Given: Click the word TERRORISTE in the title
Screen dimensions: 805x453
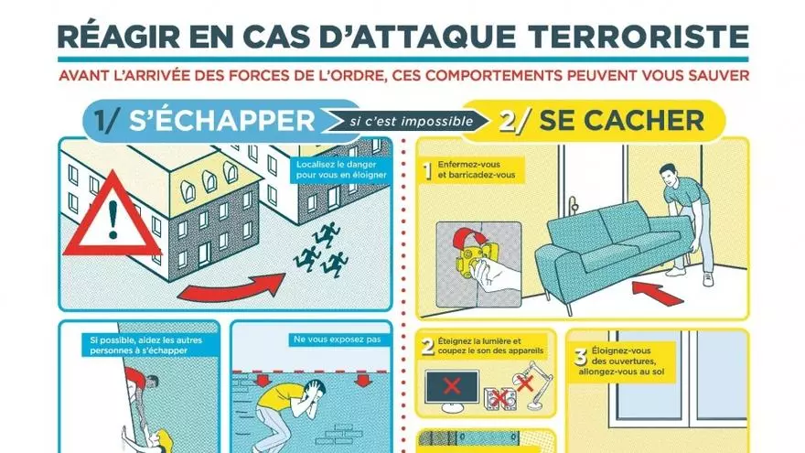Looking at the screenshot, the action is tap(639, 36).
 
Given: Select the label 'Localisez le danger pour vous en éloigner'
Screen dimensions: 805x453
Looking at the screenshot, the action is tap(341, 170).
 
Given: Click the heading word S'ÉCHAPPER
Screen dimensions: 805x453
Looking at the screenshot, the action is tap(221, 121).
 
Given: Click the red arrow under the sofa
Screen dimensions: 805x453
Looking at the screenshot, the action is tap(657, 292).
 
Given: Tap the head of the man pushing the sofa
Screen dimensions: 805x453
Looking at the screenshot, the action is tap(669, 176).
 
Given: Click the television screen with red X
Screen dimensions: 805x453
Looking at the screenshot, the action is tap(452, 386).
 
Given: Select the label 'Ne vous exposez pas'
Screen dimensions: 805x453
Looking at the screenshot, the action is tap(338, 340).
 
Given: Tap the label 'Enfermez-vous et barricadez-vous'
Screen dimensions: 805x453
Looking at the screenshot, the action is tap(476, 170).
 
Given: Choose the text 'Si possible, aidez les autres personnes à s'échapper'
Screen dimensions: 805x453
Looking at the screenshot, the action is tap(145, 345).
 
